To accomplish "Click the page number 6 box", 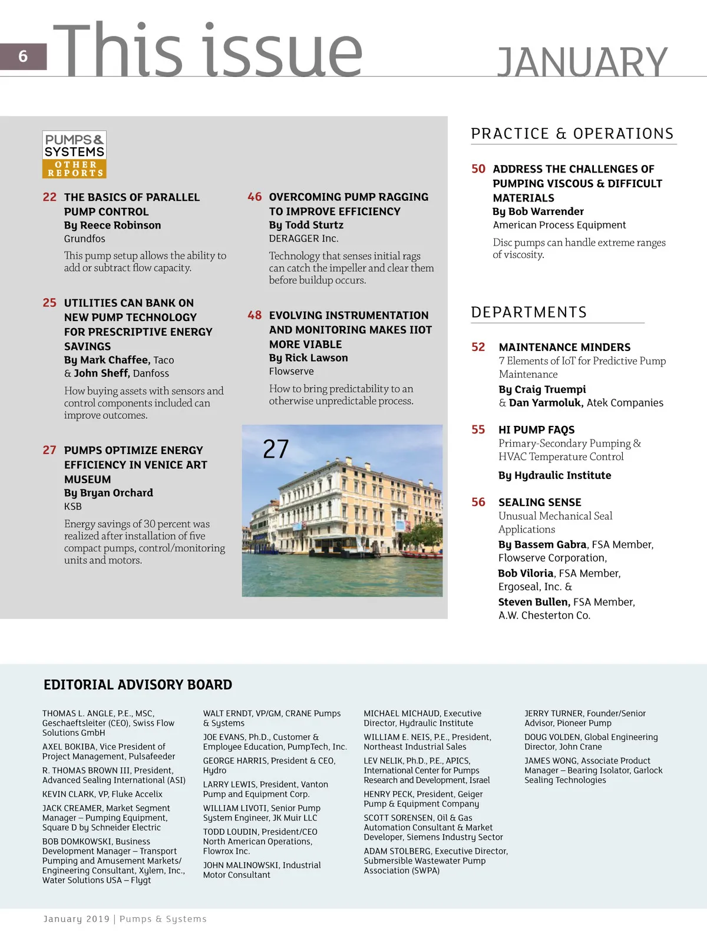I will tap(23, 57).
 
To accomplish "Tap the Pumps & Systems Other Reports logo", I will tap(74, 154).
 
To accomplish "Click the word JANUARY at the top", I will tap(582, 62).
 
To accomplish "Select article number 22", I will tap(49, 197).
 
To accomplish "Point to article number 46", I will tap(255, 197).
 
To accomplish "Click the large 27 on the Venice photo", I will tap(276, 449).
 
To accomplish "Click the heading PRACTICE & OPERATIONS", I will tap(572, 134).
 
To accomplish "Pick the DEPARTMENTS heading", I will tap(528, 312).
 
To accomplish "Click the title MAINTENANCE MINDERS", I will tap(564, 348).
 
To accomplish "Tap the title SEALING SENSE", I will tap(540, 502).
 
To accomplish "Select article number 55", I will tap(478, 430).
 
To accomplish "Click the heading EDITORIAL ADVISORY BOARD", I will tap(138, 684).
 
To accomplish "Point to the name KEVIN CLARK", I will tap(68, 794).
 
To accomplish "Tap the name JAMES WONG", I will tap(550, 761).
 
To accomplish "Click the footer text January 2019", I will tap(77, 919).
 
